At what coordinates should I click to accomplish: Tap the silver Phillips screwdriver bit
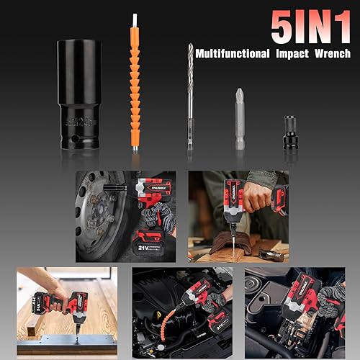(239, 119)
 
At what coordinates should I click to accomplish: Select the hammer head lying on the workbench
(273, 253)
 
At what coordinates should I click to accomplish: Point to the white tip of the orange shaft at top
(135, 20)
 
